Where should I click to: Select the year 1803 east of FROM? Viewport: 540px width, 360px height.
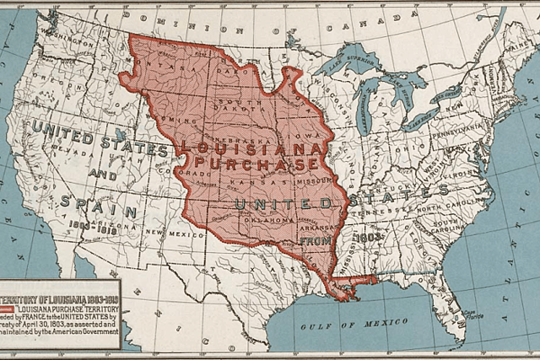[368, 237]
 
